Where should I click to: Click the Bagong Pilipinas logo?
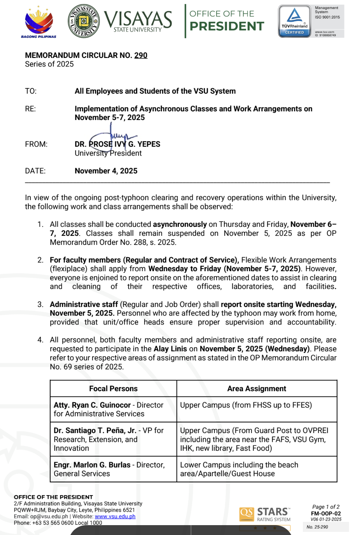pos(39,21)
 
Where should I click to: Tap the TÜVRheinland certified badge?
pos(295,21)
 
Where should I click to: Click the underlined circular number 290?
pos(141,55)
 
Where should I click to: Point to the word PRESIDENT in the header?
pos(226,26)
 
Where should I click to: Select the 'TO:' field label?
pos(31,91)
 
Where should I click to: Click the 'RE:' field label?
pos(30,109)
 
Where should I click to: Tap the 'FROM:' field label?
pos(36,144)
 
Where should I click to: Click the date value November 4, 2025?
pos(106,171)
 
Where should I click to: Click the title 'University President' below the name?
pos(108,153)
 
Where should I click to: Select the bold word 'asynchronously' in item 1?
pos(180,224)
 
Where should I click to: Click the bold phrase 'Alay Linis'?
pos(169,349)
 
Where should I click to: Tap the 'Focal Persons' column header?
pos(113,389)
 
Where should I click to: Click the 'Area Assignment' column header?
pos(256,389)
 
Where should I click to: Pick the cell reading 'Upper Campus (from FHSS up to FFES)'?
pos(246,405)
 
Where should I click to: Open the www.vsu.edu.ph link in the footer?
pos(115,517)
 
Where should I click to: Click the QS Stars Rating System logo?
pos(265,514)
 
